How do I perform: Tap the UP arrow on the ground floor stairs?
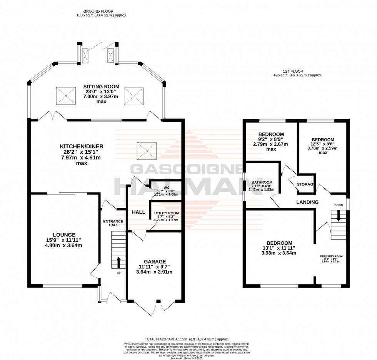pyautogui.click(x=118, y=262)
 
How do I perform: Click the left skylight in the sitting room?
pyautogui.click(x=65, y=95)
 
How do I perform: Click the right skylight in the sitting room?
pyautogui.click(x=133, y=95)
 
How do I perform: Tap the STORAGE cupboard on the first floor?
pyautogui.click(x=306, y=184)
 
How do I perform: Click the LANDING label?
pyautogui.click(x=307, y=202)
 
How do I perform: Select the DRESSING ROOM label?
pyautogui.click(x=331, y=256)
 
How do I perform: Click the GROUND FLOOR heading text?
pyautogui.click(x=102, y=11)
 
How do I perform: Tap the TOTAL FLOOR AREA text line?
pyautogui.click(x=187, y=339)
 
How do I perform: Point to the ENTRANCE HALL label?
pyautogui.click(x=113, y=223)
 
